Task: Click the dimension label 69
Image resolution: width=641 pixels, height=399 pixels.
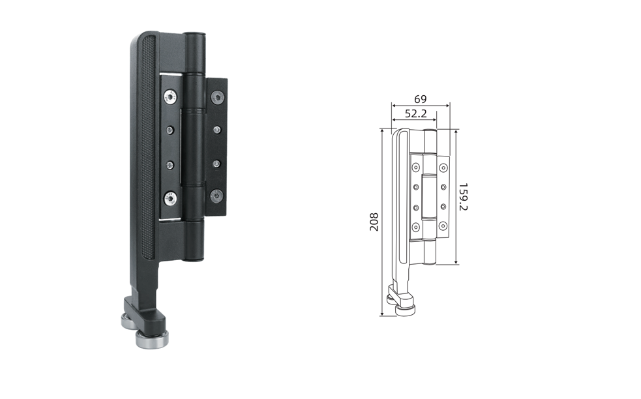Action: pos(420,99)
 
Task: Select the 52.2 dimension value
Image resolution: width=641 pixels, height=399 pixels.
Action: pos(416,113)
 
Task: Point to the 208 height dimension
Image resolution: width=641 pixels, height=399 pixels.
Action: pos(374,222)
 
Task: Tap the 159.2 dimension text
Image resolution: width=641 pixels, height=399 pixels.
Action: pos(463,197)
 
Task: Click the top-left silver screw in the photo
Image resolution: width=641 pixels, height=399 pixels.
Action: pos(170,97)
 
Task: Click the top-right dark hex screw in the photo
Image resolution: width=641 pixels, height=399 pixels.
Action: pos(218,97)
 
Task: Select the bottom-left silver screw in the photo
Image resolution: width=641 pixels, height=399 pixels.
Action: pos(170,199)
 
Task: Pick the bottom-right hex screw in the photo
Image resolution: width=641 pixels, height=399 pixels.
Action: pos(216,196)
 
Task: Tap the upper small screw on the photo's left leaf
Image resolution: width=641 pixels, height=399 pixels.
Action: pos(170,130)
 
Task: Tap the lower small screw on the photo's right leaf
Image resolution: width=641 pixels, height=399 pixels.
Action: pos(216,164)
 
